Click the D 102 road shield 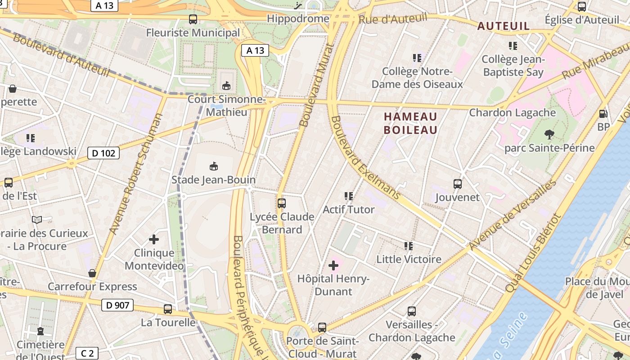tap(103, 153)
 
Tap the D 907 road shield tap(118, 305)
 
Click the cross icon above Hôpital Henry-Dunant tap(333, 265)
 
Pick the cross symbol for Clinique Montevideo tap(154, 239)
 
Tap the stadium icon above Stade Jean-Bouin tap(214, 166)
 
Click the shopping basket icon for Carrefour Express tap(92, 273)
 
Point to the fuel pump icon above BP tap(603, 114)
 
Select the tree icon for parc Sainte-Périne tap(549, 134)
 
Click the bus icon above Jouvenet tap(458, 184)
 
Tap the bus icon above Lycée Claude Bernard tap(282, 203)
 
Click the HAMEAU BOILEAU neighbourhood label tap(410, 123)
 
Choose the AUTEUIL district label tap(504, 26)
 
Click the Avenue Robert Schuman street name tap(136, 174)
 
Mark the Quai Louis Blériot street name tap(534, 252)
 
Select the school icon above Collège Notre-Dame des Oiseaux tap(417, 58)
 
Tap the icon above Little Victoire tap(409, 246)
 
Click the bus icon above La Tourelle tap(168, 309)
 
